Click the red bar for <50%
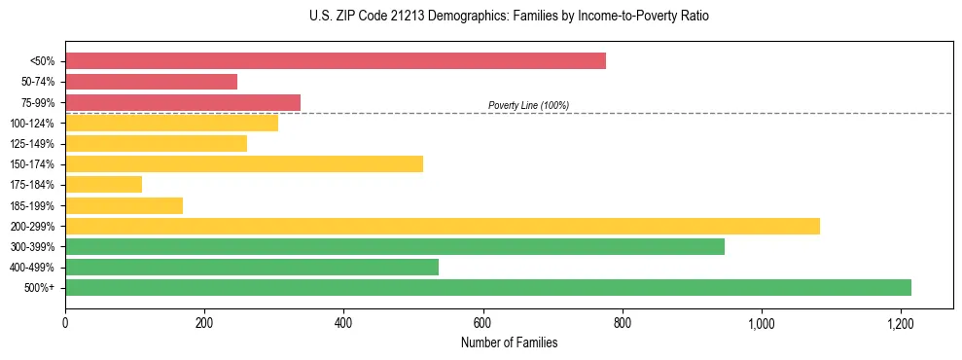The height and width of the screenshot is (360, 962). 336,61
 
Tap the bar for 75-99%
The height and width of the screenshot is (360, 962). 183,102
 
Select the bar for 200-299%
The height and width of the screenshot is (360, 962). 443,226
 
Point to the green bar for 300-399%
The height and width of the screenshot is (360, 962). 395,247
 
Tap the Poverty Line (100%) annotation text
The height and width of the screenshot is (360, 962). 528,105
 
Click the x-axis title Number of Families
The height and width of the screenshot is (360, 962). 510,342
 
